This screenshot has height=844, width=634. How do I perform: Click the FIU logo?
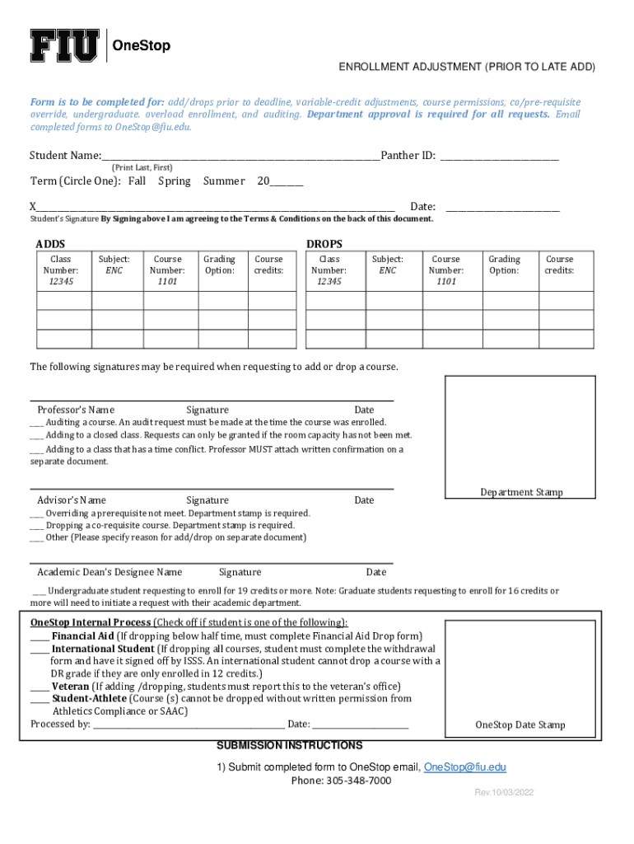point(65,45)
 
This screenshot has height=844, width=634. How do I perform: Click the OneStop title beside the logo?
point(141,46)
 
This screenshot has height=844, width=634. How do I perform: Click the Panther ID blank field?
point(499,156)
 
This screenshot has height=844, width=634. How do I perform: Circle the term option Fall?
point(137,181)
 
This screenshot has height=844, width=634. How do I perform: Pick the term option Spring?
point(175,181)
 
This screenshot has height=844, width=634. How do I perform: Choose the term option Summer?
point(224,181)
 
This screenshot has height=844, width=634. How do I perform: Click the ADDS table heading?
point(50,244)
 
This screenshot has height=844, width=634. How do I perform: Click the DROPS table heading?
point(324,244)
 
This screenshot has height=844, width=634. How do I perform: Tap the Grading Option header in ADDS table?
point(219,265)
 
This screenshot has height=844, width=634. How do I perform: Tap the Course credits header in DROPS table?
point(559,265)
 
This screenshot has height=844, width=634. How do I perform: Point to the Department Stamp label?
point(521,492)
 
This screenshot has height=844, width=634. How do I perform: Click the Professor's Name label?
point(76,410)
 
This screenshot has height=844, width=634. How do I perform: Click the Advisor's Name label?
point(72,499)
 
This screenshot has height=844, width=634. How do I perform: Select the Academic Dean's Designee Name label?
point(110,572)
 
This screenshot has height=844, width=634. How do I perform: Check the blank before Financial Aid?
point(40,636)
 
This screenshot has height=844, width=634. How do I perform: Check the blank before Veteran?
point(40,686)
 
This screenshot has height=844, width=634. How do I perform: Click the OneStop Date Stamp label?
point(520,725)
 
